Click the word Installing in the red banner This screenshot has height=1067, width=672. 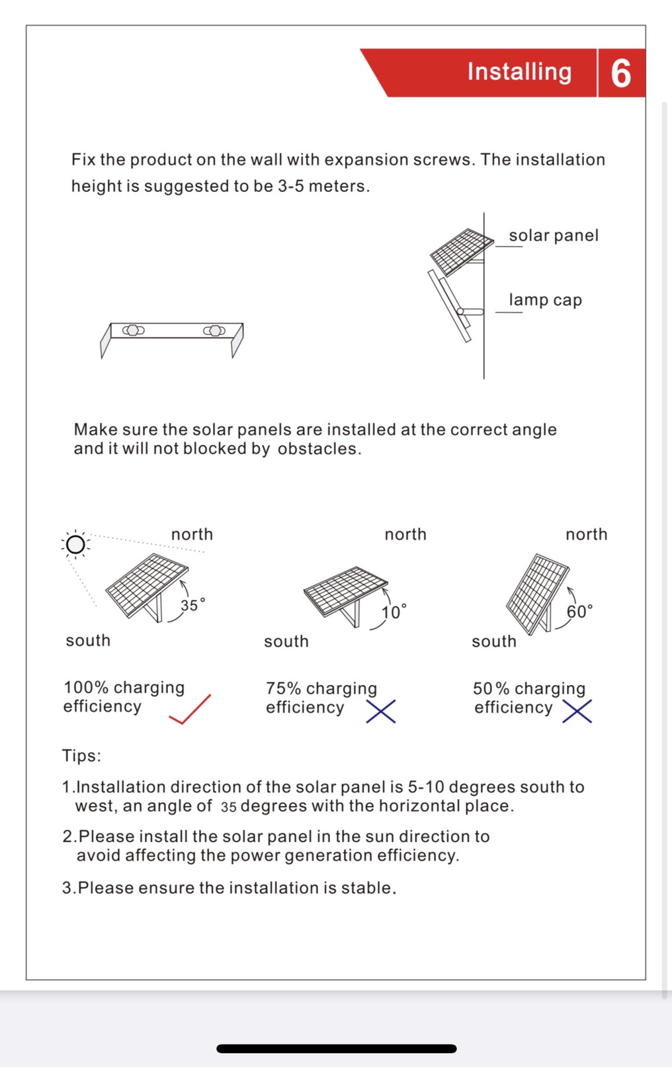pyautogui.click(x=519, y=71)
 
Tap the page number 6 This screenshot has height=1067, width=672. pyautogui.click(x=620, y=73)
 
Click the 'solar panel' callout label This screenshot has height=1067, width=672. pyautogui.click(x=553, y=236)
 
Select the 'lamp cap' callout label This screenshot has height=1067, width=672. pyautogui.click(x=545, y=300)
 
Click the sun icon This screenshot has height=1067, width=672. pyautogui.click(x=75, y=544)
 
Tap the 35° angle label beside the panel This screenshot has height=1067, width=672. pyautogui.click(x=192, y=605)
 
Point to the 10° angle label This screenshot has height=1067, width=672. pyautogui.click(x=394, y=612)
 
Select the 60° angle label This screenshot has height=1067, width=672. pyautogui.click(x=579, y=611)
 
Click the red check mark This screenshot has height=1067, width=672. pyautogui.click(x=190, y=710)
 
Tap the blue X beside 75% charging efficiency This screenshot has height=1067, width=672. pyautogui.click(x=381, y=712)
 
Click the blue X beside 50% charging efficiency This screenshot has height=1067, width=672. pyautogui.click(x=577, y=712)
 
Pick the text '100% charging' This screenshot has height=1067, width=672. pyautogui.click(x=124, y=687)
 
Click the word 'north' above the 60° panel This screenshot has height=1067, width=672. pyautogui.click(x=586, y=534)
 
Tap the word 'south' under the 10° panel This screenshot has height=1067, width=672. pyautogui.click(x=286, y=641)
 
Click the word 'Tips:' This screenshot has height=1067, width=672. pyautogui.click(x=81, y=756)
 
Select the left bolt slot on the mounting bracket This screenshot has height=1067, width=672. pyautogui.click(x=133, y=330)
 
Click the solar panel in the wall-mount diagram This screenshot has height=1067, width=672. pyautogui.click(x=461, y=250)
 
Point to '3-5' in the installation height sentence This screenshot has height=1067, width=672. pyautogui.click(x=290, y=186)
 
